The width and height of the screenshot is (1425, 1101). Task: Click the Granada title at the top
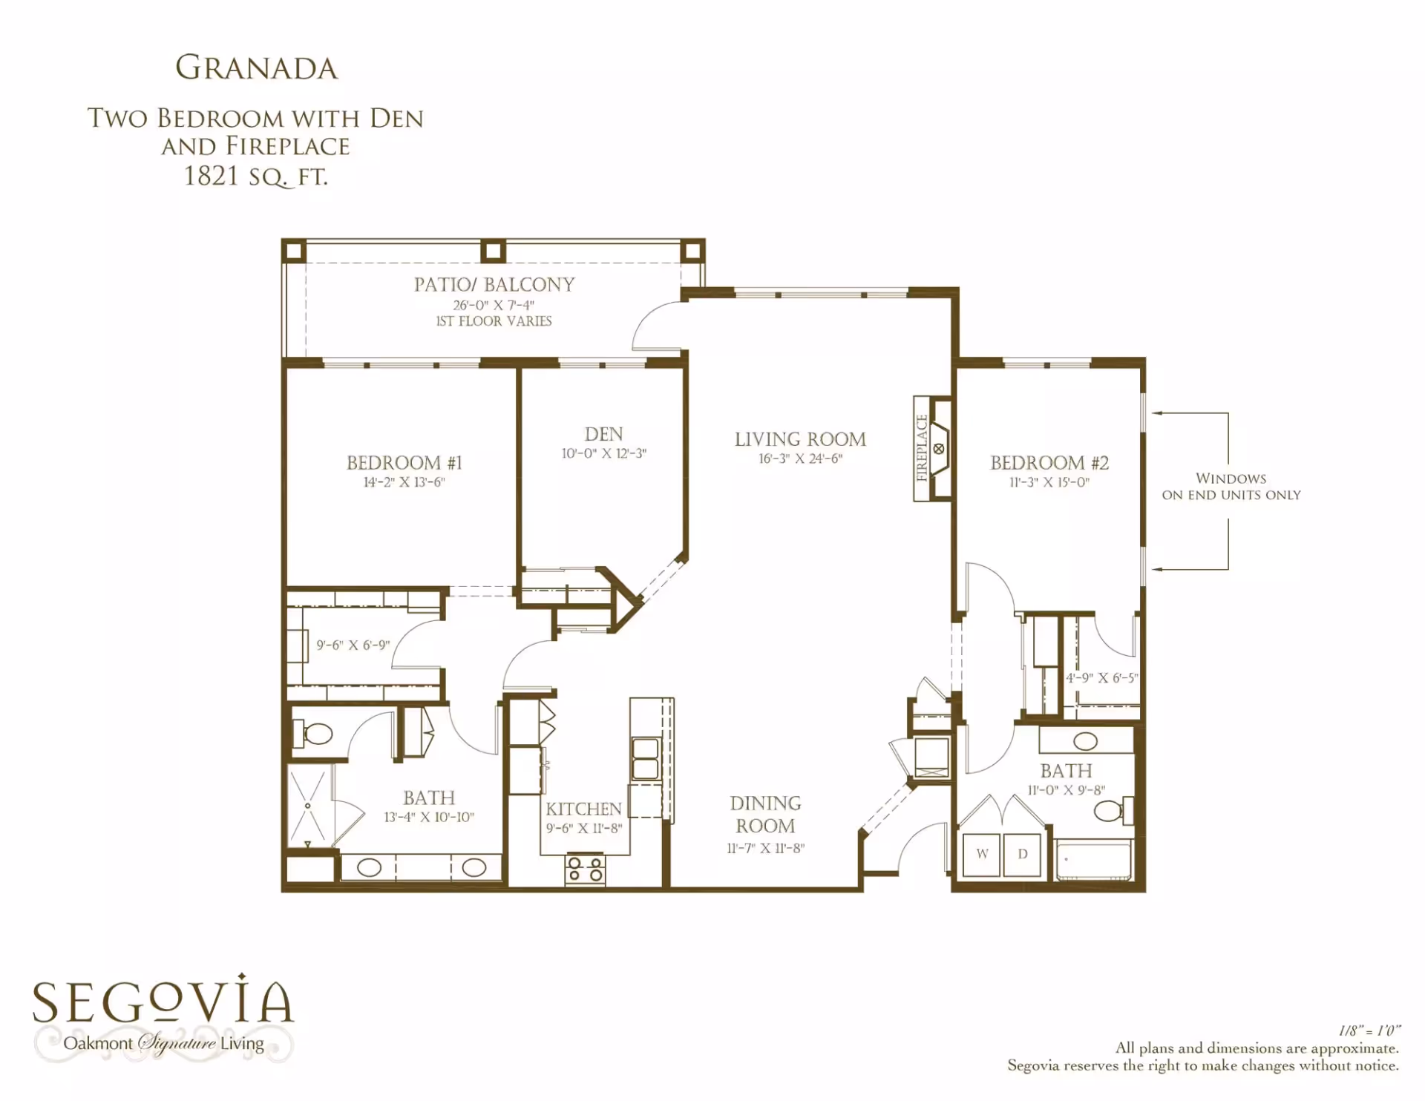[x=256, y=68]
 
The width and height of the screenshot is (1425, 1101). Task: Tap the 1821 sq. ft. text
[x=255, y=177]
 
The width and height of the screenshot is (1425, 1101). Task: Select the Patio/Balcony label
[x=494, y=284]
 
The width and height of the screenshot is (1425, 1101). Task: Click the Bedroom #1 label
[x=404, y=463]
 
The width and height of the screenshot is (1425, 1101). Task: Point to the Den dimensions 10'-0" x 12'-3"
[x=603, y=453]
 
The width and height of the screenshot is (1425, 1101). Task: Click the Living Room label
[x=800, y=439]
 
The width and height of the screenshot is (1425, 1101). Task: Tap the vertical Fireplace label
[x=922, y=448]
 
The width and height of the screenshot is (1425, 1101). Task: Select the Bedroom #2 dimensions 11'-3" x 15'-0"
[x=1049, y=482]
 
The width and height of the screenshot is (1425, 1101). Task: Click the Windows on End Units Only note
[x=1231, y=487]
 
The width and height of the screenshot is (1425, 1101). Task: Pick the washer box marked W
[x=982, y=855]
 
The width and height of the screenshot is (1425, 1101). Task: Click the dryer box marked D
[x=1023, y=855]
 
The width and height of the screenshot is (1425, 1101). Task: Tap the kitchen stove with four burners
[x=585, y=870]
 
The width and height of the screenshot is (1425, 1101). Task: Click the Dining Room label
[x=765, y=815]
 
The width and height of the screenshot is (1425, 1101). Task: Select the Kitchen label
[x=583, y=809]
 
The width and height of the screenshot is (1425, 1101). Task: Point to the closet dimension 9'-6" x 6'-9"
[x=353, y=645]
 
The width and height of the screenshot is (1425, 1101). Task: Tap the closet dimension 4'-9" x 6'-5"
[x=1101, y=678]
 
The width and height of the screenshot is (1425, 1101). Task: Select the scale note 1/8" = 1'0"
[x=1369, y=1031]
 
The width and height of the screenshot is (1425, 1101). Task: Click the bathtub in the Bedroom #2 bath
[x=1094, y=860]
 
